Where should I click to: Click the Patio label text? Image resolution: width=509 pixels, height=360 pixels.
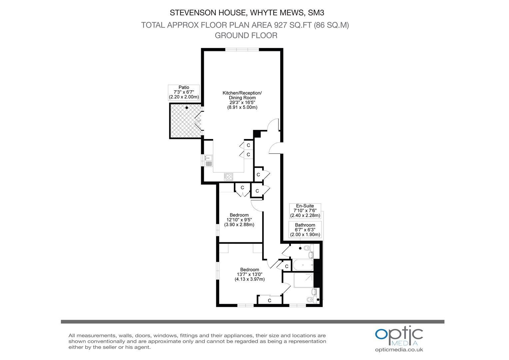click(184, 92)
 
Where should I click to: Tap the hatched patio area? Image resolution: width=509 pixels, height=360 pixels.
click(185, 121)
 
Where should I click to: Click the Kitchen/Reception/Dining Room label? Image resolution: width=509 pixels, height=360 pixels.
click(242, 100)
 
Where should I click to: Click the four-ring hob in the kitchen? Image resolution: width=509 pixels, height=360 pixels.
click(229, 177)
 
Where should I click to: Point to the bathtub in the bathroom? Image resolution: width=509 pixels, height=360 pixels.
click(303, 265)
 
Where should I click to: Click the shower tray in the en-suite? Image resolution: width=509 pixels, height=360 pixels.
click(303, 280)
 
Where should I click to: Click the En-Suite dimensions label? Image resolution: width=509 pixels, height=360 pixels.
click(305, 211)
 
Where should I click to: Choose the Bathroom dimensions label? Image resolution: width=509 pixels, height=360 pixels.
click(305, 230)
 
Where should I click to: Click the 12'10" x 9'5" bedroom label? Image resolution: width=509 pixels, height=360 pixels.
click(239, 220)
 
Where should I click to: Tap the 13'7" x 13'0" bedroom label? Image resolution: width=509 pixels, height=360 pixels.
click(250, 274)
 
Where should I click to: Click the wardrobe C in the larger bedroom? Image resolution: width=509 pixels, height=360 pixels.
click(269, 300)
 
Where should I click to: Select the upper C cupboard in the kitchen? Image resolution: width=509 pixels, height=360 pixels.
click(249, 145)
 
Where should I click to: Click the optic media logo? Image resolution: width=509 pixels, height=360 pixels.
click(399, 336)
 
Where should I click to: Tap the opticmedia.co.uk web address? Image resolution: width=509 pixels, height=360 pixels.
click(399, 350)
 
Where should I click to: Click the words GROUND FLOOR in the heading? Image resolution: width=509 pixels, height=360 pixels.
click(246, 35)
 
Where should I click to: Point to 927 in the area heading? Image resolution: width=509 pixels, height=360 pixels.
click(280, 25)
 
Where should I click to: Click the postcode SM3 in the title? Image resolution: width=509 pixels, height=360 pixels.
click(316, 13)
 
